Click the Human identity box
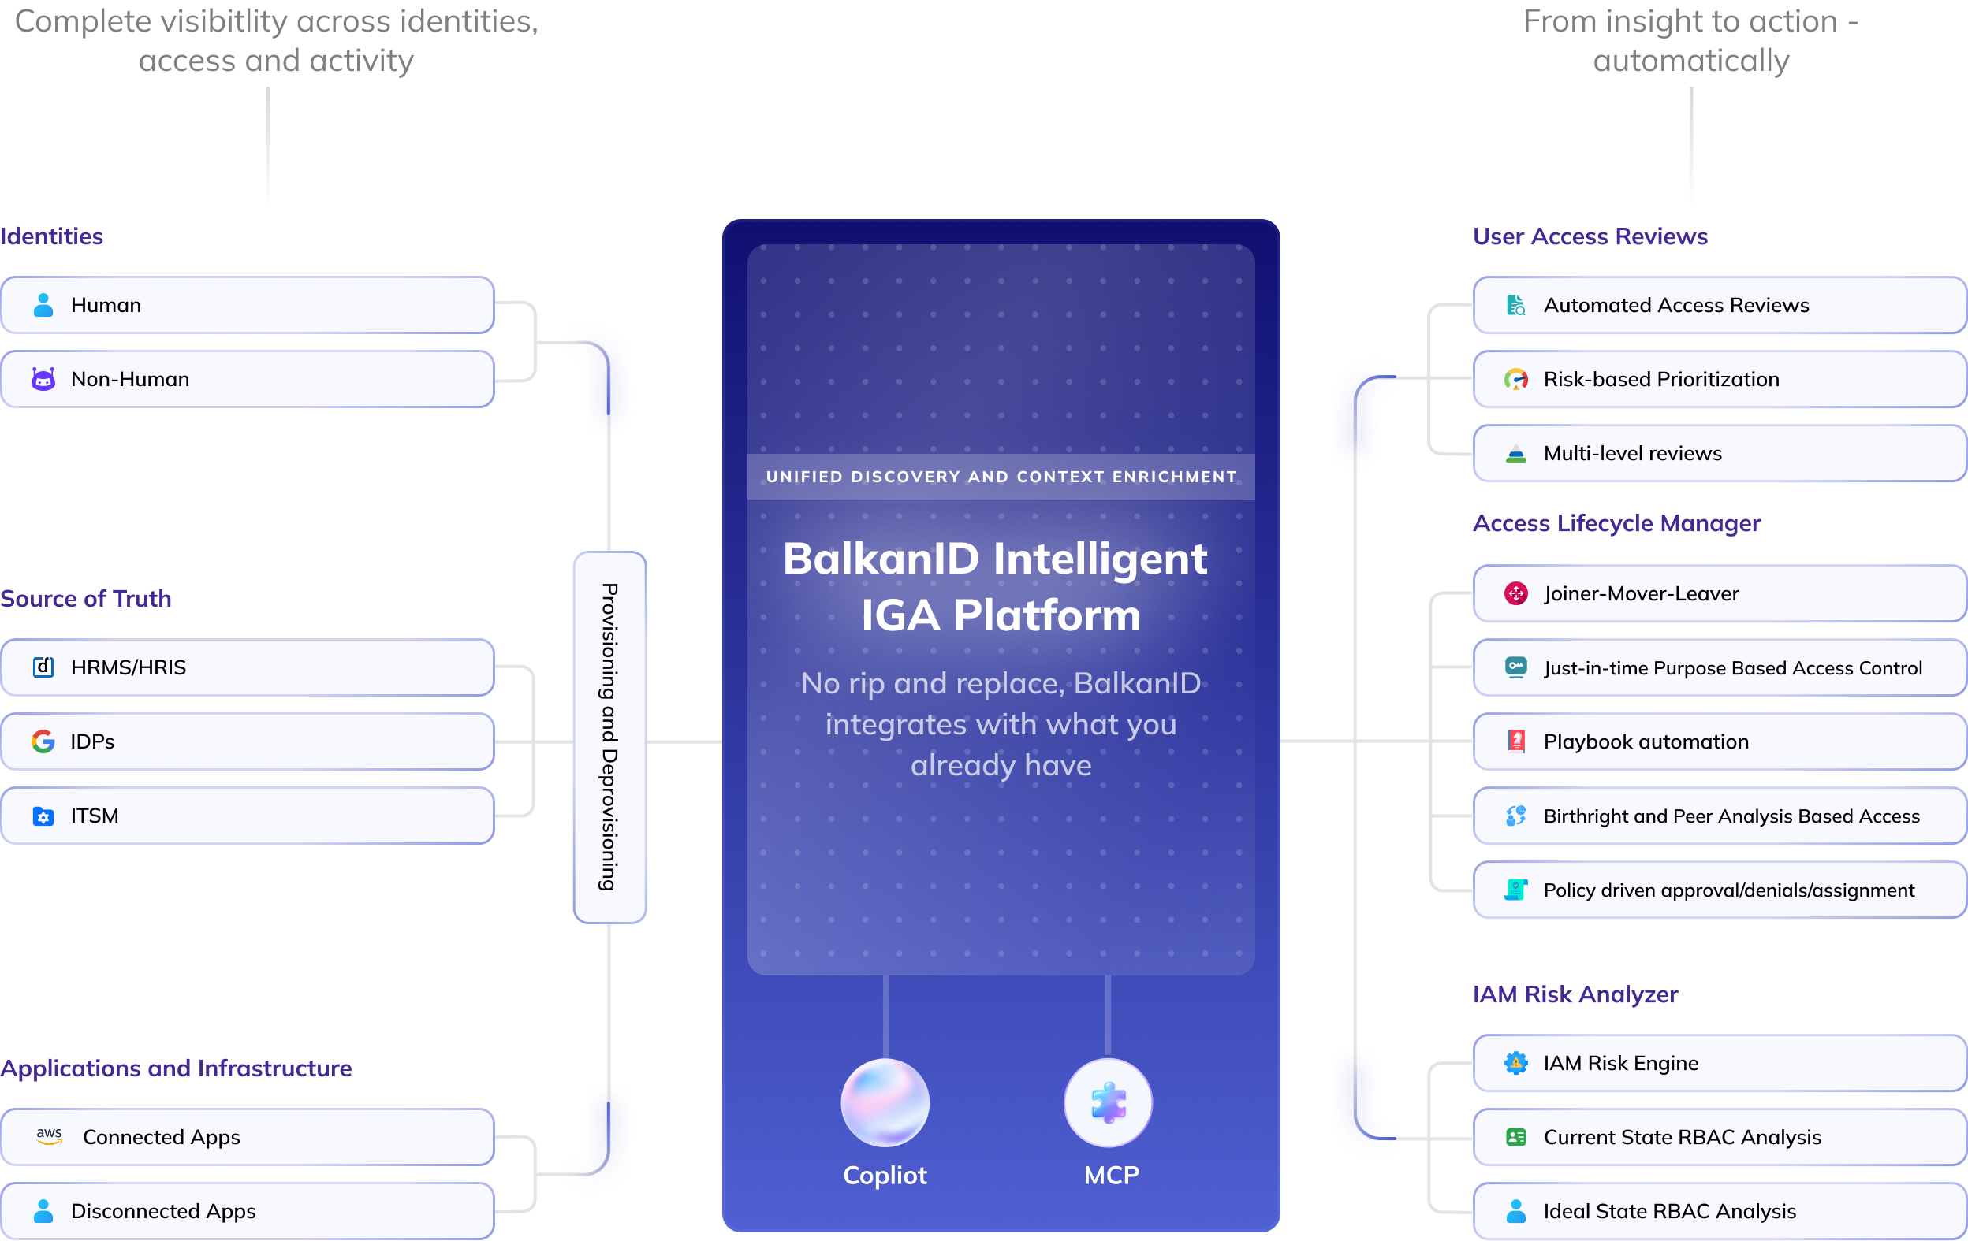pos(247,305)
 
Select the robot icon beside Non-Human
pos(43,379)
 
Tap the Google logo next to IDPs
pos(43,741)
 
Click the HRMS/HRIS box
pos(247,667)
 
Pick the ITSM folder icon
pos(43,816)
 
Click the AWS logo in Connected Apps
pos(49,1135)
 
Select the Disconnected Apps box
pos(247,1211)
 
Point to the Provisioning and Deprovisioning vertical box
pos(609,737)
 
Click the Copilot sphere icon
pos(885,1102)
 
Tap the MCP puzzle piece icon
pos(1109,1102)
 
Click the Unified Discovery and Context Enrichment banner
pos(1001,476)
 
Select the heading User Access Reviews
pos(1590,236)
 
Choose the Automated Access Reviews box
pos(1719,305)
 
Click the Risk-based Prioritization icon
pos(1516,379)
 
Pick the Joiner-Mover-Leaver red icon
pos(1516,593)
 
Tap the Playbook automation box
pos(1719,741)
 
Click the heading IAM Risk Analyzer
pos(1575,994)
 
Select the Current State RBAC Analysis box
pos(1719,1136)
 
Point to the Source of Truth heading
pos(86,598)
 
